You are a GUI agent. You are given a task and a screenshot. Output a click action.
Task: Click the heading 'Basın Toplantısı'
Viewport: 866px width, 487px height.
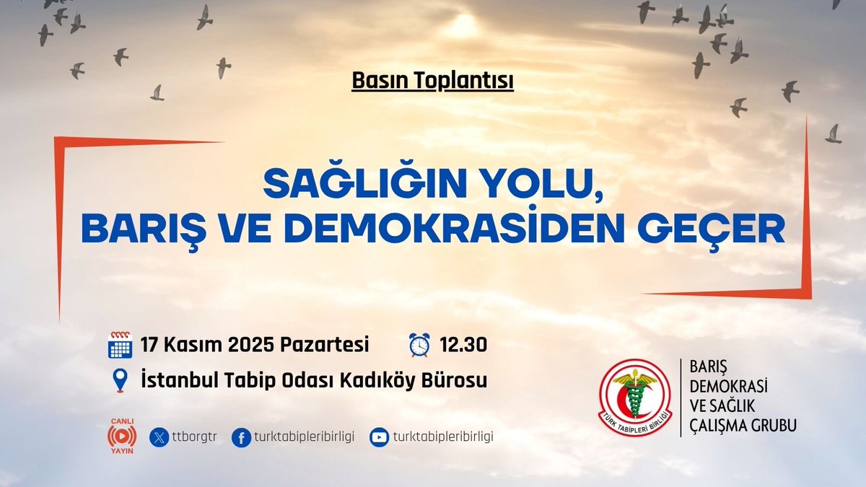coord(432,81)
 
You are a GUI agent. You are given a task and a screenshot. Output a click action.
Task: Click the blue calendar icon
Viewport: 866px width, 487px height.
coord(121,345)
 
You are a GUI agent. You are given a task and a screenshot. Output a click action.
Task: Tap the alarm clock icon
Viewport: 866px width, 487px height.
coord(419,345)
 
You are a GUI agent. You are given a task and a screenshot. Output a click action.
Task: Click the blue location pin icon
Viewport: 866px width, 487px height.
coord(121,380)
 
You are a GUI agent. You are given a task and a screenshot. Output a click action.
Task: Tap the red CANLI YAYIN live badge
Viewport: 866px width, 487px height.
coord(121,435)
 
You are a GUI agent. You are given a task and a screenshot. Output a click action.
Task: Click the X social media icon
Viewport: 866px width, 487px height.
coord(159,437)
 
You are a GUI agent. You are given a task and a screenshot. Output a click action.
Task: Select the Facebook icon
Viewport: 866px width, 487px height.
coord(241,437)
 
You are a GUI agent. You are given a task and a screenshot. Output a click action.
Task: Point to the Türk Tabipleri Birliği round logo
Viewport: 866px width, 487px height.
coord(636,398)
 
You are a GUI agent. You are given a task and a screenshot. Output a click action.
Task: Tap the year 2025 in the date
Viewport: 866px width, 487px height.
coord(244,345)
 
